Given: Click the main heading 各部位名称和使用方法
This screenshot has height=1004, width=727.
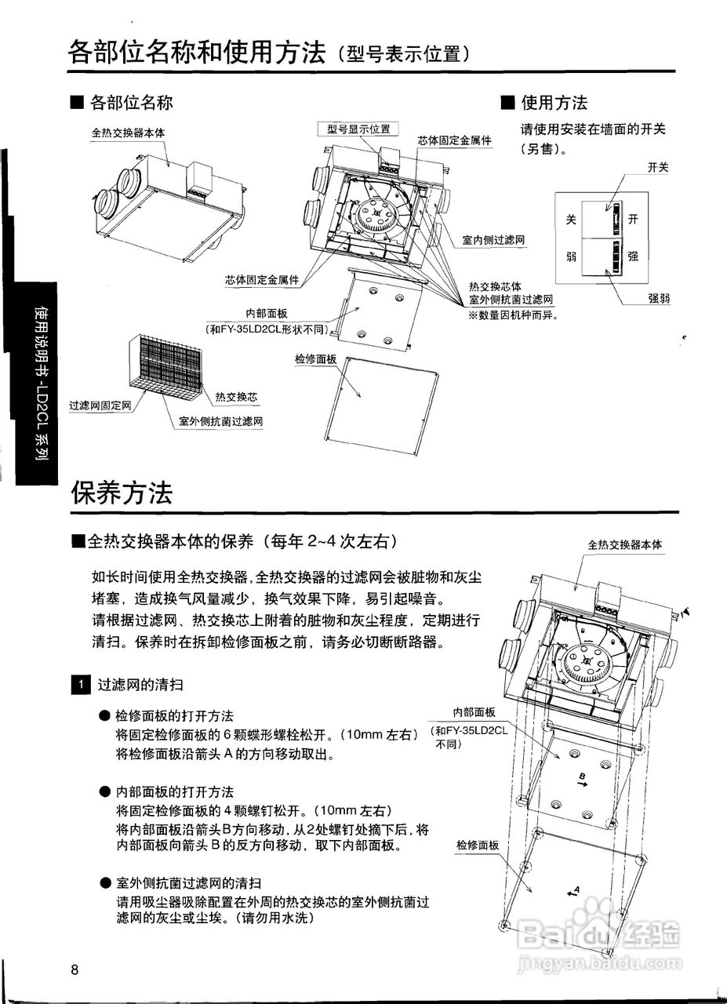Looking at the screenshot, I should [x=197, y=53].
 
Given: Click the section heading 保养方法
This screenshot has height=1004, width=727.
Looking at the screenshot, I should [x=122, y=493].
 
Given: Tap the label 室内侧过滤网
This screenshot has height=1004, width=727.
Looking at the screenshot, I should [x=493, y=240].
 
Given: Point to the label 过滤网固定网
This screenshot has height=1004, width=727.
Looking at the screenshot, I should [x=100, y=406].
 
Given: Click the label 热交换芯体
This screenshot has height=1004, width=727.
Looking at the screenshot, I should [x=495, y=287].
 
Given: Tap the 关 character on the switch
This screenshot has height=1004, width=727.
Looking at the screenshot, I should [x=571, y=221].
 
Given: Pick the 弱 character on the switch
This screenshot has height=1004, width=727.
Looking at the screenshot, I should [x=571, y=256].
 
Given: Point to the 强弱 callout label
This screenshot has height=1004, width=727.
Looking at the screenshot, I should [x=659, y=299].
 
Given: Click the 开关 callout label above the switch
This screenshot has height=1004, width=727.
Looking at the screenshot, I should [x=658, y=167].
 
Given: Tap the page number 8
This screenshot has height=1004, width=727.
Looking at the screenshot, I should [x=75, y=969].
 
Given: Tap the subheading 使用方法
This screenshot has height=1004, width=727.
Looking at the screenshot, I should [x=554, y=103].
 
